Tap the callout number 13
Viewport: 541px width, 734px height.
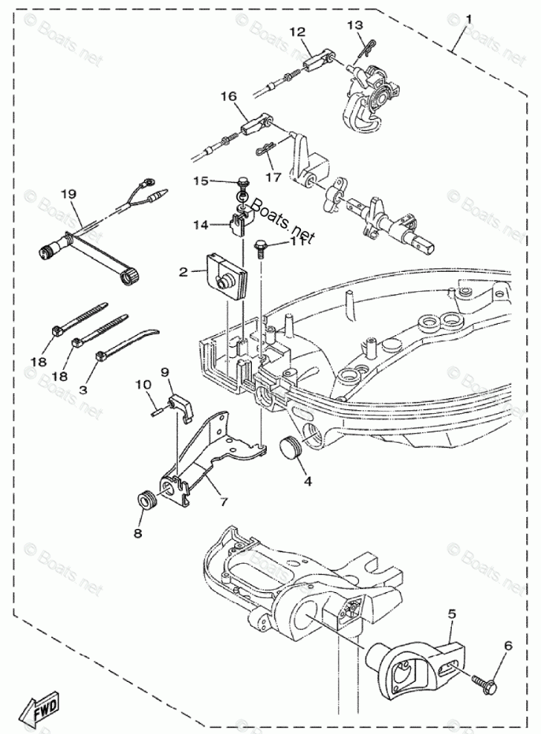(356, 27)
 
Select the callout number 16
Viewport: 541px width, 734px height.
(228, 97)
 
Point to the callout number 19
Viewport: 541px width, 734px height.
(69, 194)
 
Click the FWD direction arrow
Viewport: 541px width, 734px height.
(42, 709)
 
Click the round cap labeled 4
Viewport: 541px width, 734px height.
(291, 449)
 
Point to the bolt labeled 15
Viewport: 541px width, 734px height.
(243, 182)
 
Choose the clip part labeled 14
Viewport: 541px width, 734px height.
(238, 221)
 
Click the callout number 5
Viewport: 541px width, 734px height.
(451, 614)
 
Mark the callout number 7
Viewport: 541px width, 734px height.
(222, 501)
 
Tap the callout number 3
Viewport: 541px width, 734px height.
(83, 388)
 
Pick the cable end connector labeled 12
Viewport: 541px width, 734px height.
(315, 56)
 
